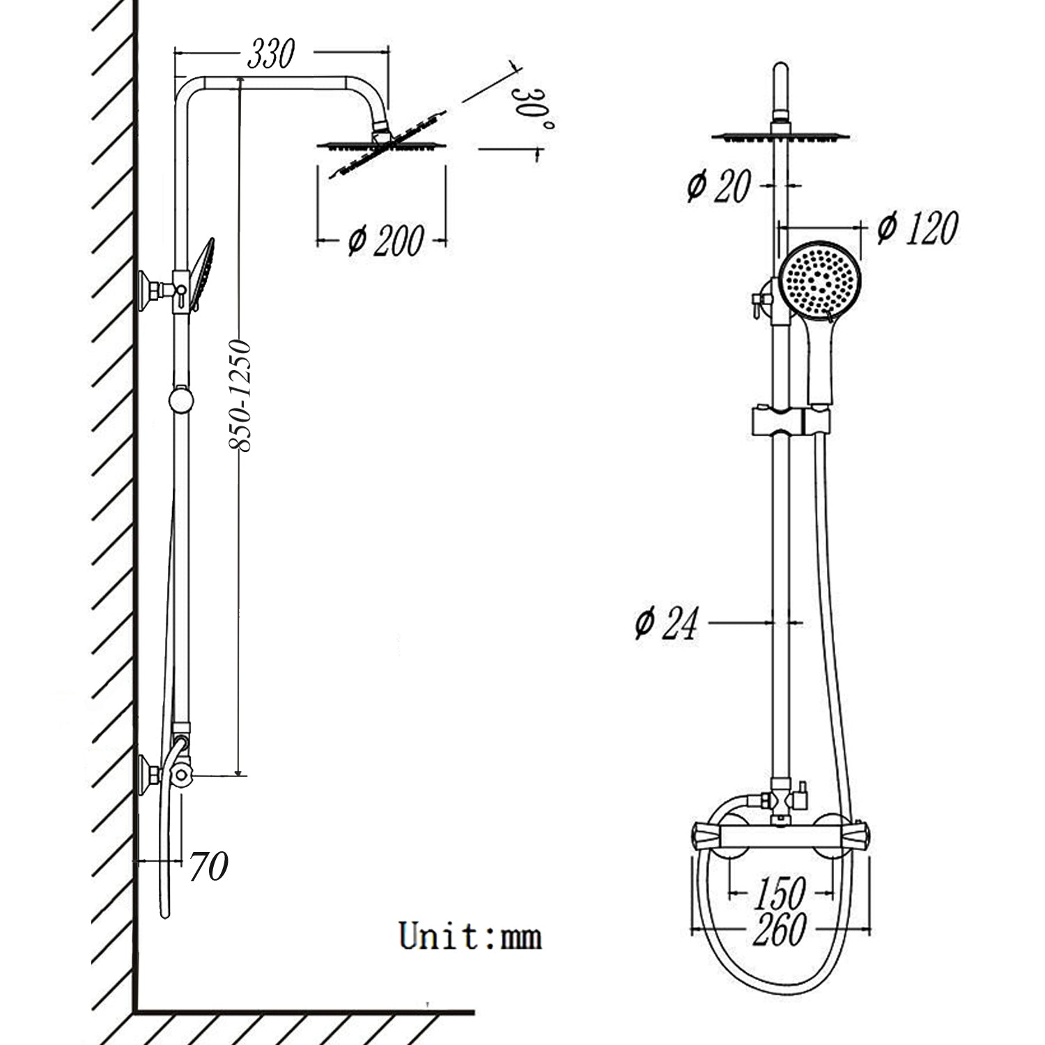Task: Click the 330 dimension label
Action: pos(271,54)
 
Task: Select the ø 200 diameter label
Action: pos(385,240)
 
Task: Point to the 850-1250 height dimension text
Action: pos(240,395)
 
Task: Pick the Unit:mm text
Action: pos(470,936)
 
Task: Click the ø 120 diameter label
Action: pos(917,228)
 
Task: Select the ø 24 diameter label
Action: pos(666,623)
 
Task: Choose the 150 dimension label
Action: pos(780,892)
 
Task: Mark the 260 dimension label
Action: pos(780,929)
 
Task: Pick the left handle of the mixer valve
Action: pos(706,834)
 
